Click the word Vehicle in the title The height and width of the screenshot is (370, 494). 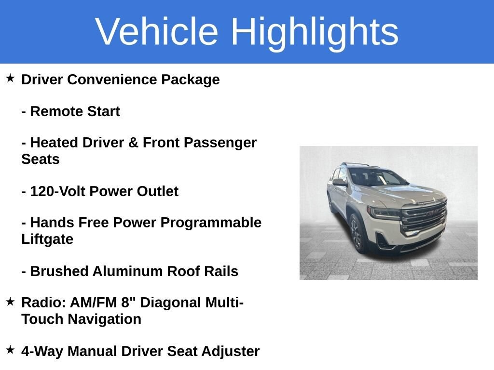pyautogui.click(x=157, y=31)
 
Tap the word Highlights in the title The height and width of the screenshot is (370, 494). pyautogui.click(x=315, y=34)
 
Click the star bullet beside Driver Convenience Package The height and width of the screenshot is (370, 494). pyautogui.click(x=10, y=78)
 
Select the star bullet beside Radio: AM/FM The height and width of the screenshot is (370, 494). pyautogui.click(x=10, y=302)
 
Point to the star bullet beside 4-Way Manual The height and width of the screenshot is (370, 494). pyautogui.click(x=10, y=350)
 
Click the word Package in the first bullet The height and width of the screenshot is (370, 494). pyautogui.click(x=190, y=80)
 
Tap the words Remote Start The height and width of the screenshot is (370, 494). pyautogui.click(x=75, y=111)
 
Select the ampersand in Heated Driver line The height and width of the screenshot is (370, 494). pyautogui.click(x=133, y=143)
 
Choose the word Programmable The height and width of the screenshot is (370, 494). pyautogui.click(x=211, y=223)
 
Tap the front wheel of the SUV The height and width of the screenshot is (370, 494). pyautogui.click(x=357, y=233)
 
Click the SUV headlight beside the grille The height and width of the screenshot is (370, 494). pyautogui.click(x=384, y=212)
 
